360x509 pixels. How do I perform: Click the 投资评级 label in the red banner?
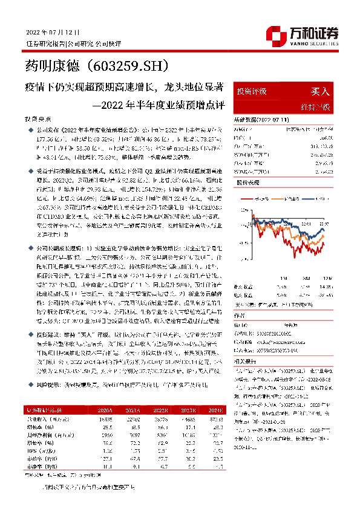252,91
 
